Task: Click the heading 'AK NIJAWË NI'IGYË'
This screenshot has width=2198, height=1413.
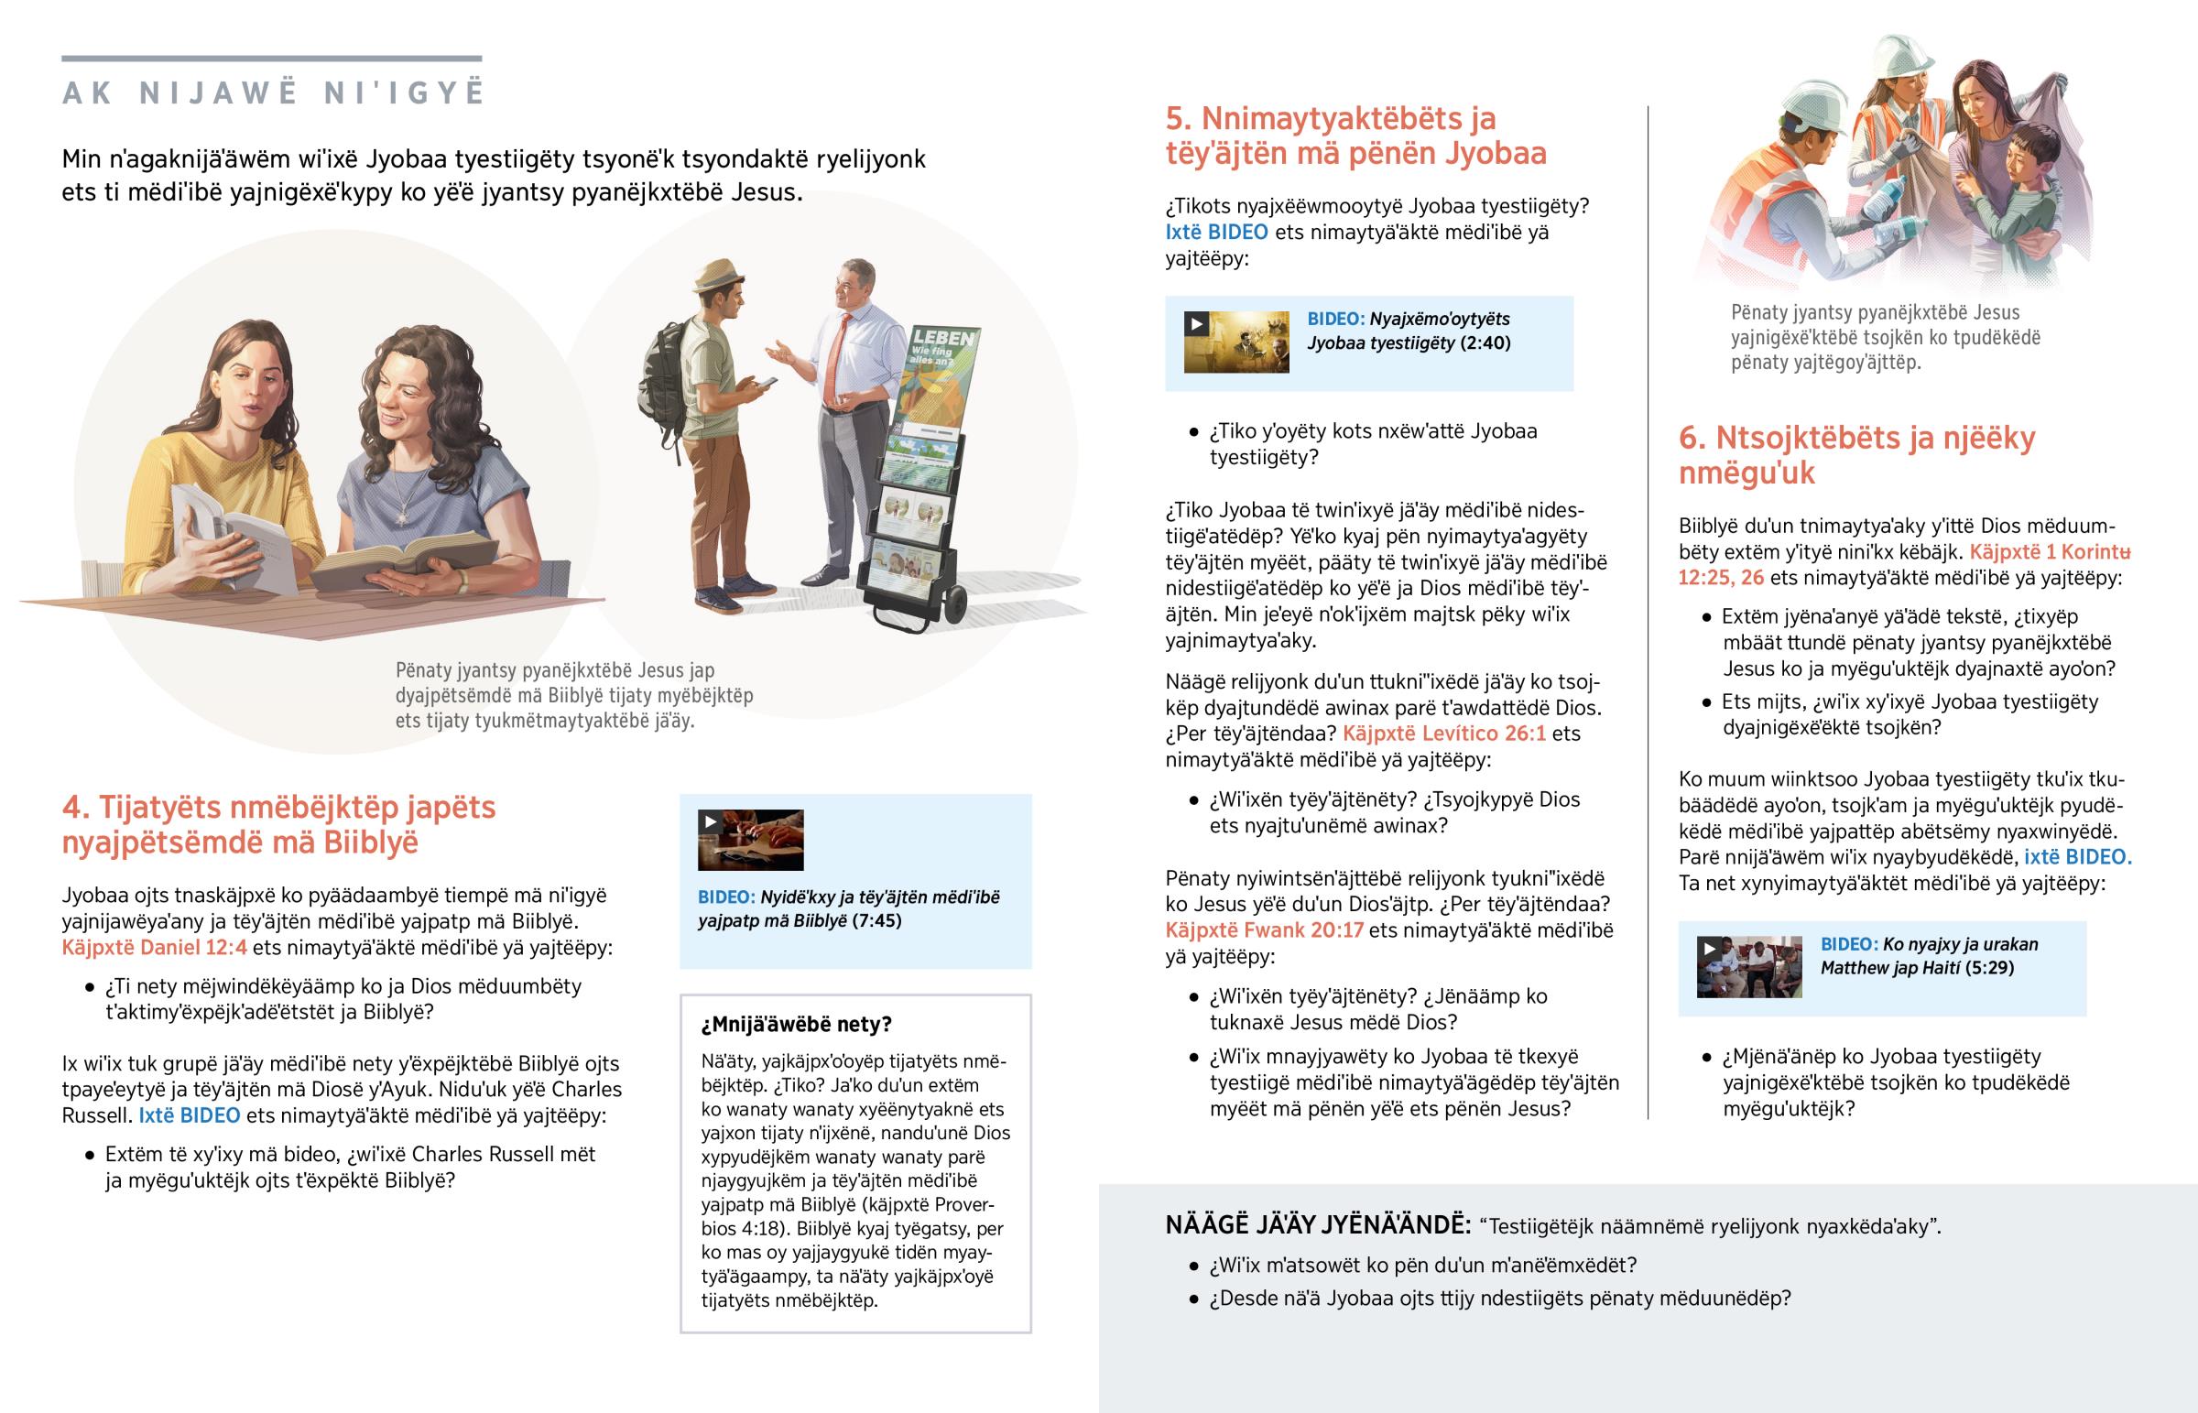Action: [x=272, y=93]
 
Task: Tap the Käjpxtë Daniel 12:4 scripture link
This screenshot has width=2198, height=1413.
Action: [x=154, y=947]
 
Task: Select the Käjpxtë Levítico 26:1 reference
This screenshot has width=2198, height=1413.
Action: [x=1444, y=734]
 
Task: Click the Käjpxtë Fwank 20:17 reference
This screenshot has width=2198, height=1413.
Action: [x=1264, y=930]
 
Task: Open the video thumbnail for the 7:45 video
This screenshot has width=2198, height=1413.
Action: [x=750, y=840]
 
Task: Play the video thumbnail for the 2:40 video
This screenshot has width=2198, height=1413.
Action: [x=1235, y=342]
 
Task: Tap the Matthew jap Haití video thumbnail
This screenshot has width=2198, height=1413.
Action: [x=1748, y=967]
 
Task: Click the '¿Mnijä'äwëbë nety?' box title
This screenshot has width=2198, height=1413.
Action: [x=796, y=1024]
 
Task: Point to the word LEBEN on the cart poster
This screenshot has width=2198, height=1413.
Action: [x=943, y=338]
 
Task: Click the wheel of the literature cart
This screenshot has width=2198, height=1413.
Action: [x=955, y=603]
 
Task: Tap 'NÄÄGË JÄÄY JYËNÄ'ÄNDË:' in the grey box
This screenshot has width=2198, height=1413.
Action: [x=1317, y=1225]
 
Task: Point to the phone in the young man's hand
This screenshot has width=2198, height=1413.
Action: [x=763, y=384]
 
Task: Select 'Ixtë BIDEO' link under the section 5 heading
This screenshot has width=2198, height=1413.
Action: [x=1216, y=232]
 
